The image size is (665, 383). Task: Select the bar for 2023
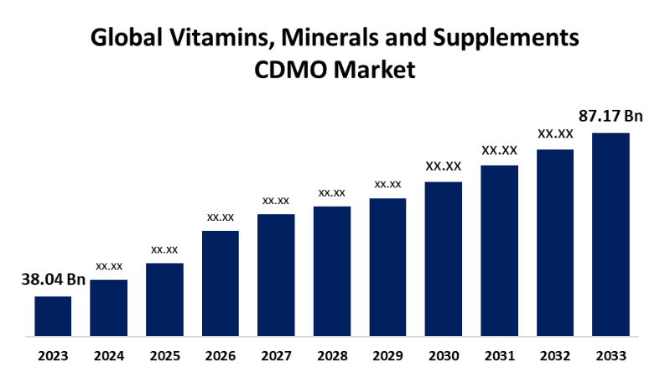(x=53, y=316)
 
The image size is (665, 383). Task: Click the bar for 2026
(x=221, y=283)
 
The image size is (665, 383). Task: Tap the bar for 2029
(x=387, y=267)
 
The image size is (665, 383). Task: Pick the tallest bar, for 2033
(x=610, y=234)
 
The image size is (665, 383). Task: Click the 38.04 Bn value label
(x=53, y=280)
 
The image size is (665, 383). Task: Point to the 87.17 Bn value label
(x=610, y=116)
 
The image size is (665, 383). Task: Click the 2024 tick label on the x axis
(x=109, y=356)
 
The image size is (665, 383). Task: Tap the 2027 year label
(x=276, y=356)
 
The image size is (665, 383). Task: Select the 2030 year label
(x=444, y=356)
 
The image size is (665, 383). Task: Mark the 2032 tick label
(x=555, y=356)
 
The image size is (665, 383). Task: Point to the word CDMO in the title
(x=291, y=71)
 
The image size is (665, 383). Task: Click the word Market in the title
(x=377, y=71)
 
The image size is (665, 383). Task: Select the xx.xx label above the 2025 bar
(x=164, y=249)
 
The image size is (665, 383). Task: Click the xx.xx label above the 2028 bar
(x=332, y=193)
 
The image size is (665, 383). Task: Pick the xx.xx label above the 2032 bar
(x=555, y=134)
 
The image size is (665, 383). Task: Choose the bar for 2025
(x=164, y=300)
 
